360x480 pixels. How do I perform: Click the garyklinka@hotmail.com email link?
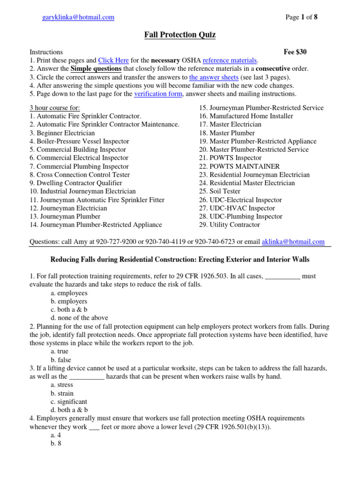78,17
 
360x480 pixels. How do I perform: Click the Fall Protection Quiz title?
180,35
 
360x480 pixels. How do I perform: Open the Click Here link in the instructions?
113,60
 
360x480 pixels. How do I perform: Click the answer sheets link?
214,77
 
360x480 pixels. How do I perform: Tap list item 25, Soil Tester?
219,191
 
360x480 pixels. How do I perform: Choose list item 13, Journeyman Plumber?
65,217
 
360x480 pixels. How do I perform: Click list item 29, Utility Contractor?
229,225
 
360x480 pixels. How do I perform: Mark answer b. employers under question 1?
69,301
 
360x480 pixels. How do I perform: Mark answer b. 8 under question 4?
56,443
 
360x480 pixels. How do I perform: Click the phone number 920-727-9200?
115,242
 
